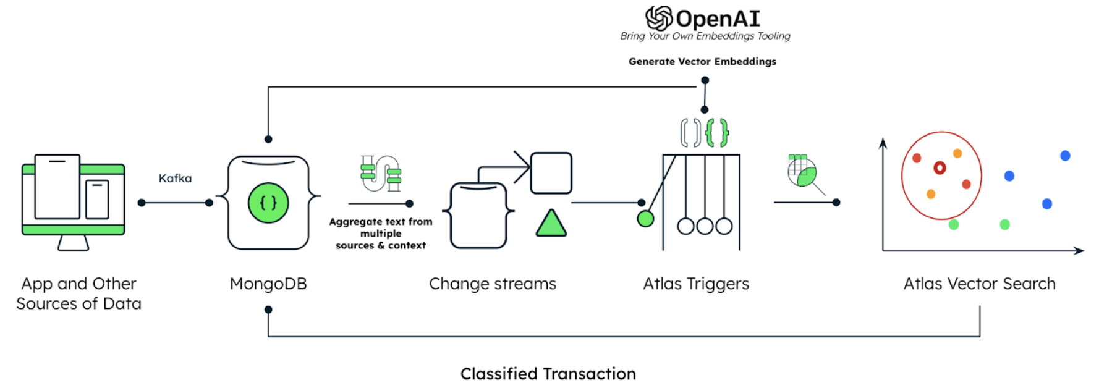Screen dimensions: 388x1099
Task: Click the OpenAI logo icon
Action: point(659,18)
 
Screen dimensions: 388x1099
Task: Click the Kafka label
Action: point(175,179)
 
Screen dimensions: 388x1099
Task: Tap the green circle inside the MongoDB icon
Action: point(268,203)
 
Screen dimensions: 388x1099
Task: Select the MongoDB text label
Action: point(268,284)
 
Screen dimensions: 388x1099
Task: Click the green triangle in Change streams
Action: point(551,224)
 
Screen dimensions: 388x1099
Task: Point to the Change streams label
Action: point(493,284)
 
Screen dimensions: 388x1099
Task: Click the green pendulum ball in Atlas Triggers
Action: point(645,219)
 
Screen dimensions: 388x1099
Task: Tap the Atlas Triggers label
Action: point(696,284)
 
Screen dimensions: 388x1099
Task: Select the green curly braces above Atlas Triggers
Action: point(717,133)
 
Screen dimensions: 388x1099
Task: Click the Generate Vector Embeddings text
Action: point(702,62)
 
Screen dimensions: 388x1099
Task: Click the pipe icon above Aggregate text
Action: point(381,174)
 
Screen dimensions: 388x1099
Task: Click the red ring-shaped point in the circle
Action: point(940,167)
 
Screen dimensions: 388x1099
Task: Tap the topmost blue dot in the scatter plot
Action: point(1065,156)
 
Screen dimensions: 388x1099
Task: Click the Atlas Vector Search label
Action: point(979,284)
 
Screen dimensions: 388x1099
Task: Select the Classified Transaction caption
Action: point(548,374)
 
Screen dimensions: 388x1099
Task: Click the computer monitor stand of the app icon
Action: point(74,243)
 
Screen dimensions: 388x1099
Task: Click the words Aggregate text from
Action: point(381,222)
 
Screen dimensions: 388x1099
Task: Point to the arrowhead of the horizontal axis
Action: point(1080,251)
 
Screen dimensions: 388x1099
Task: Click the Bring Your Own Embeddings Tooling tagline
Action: point(705,36)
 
